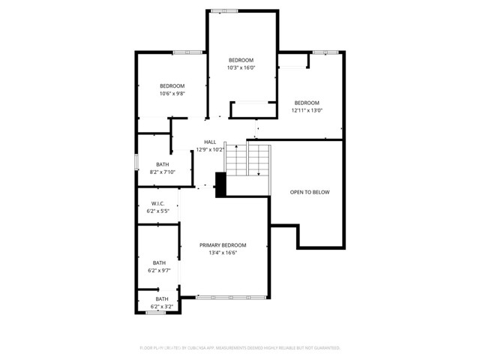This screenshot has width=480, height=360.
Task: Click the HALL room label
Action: [x=210, y=142]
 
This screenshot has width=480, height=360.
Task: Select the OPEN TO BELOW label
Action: [x=310, y=193]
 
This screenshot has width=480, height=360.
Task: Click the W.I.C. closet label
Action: [x=157, y=204]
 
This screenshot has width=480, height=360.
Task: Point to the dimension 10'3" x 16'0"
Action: [x=241, y=67]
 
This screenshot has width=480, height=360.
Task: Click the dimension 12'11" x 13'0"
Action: [x=307, y=110]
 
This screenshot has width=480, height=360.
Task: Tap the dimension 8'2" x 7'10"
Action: [x=163, y=172]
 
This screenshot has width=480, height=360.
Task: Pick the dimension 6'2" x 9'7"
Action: [x=160, y=270]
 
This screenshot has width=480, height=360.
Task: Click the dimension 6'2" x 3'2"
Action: [x=162, y=306]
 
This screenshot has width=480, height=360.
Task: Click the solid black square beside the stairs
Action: [x=220, y=184]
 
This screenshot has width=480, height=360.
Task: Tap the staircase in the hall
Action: [x=248, y=160]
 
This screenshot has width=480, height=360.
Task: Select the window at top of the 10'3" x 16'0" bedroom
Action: [x=224, y=11]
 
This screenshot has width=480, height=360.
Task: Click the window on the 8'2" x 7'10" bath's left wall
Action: [x=136, y=162]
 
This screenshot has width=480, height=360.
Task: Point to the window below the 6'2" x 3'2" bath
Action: [x=156, y=313]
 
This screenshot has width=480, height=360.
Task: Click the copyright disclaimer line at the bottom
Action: [x=240, y=348]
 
